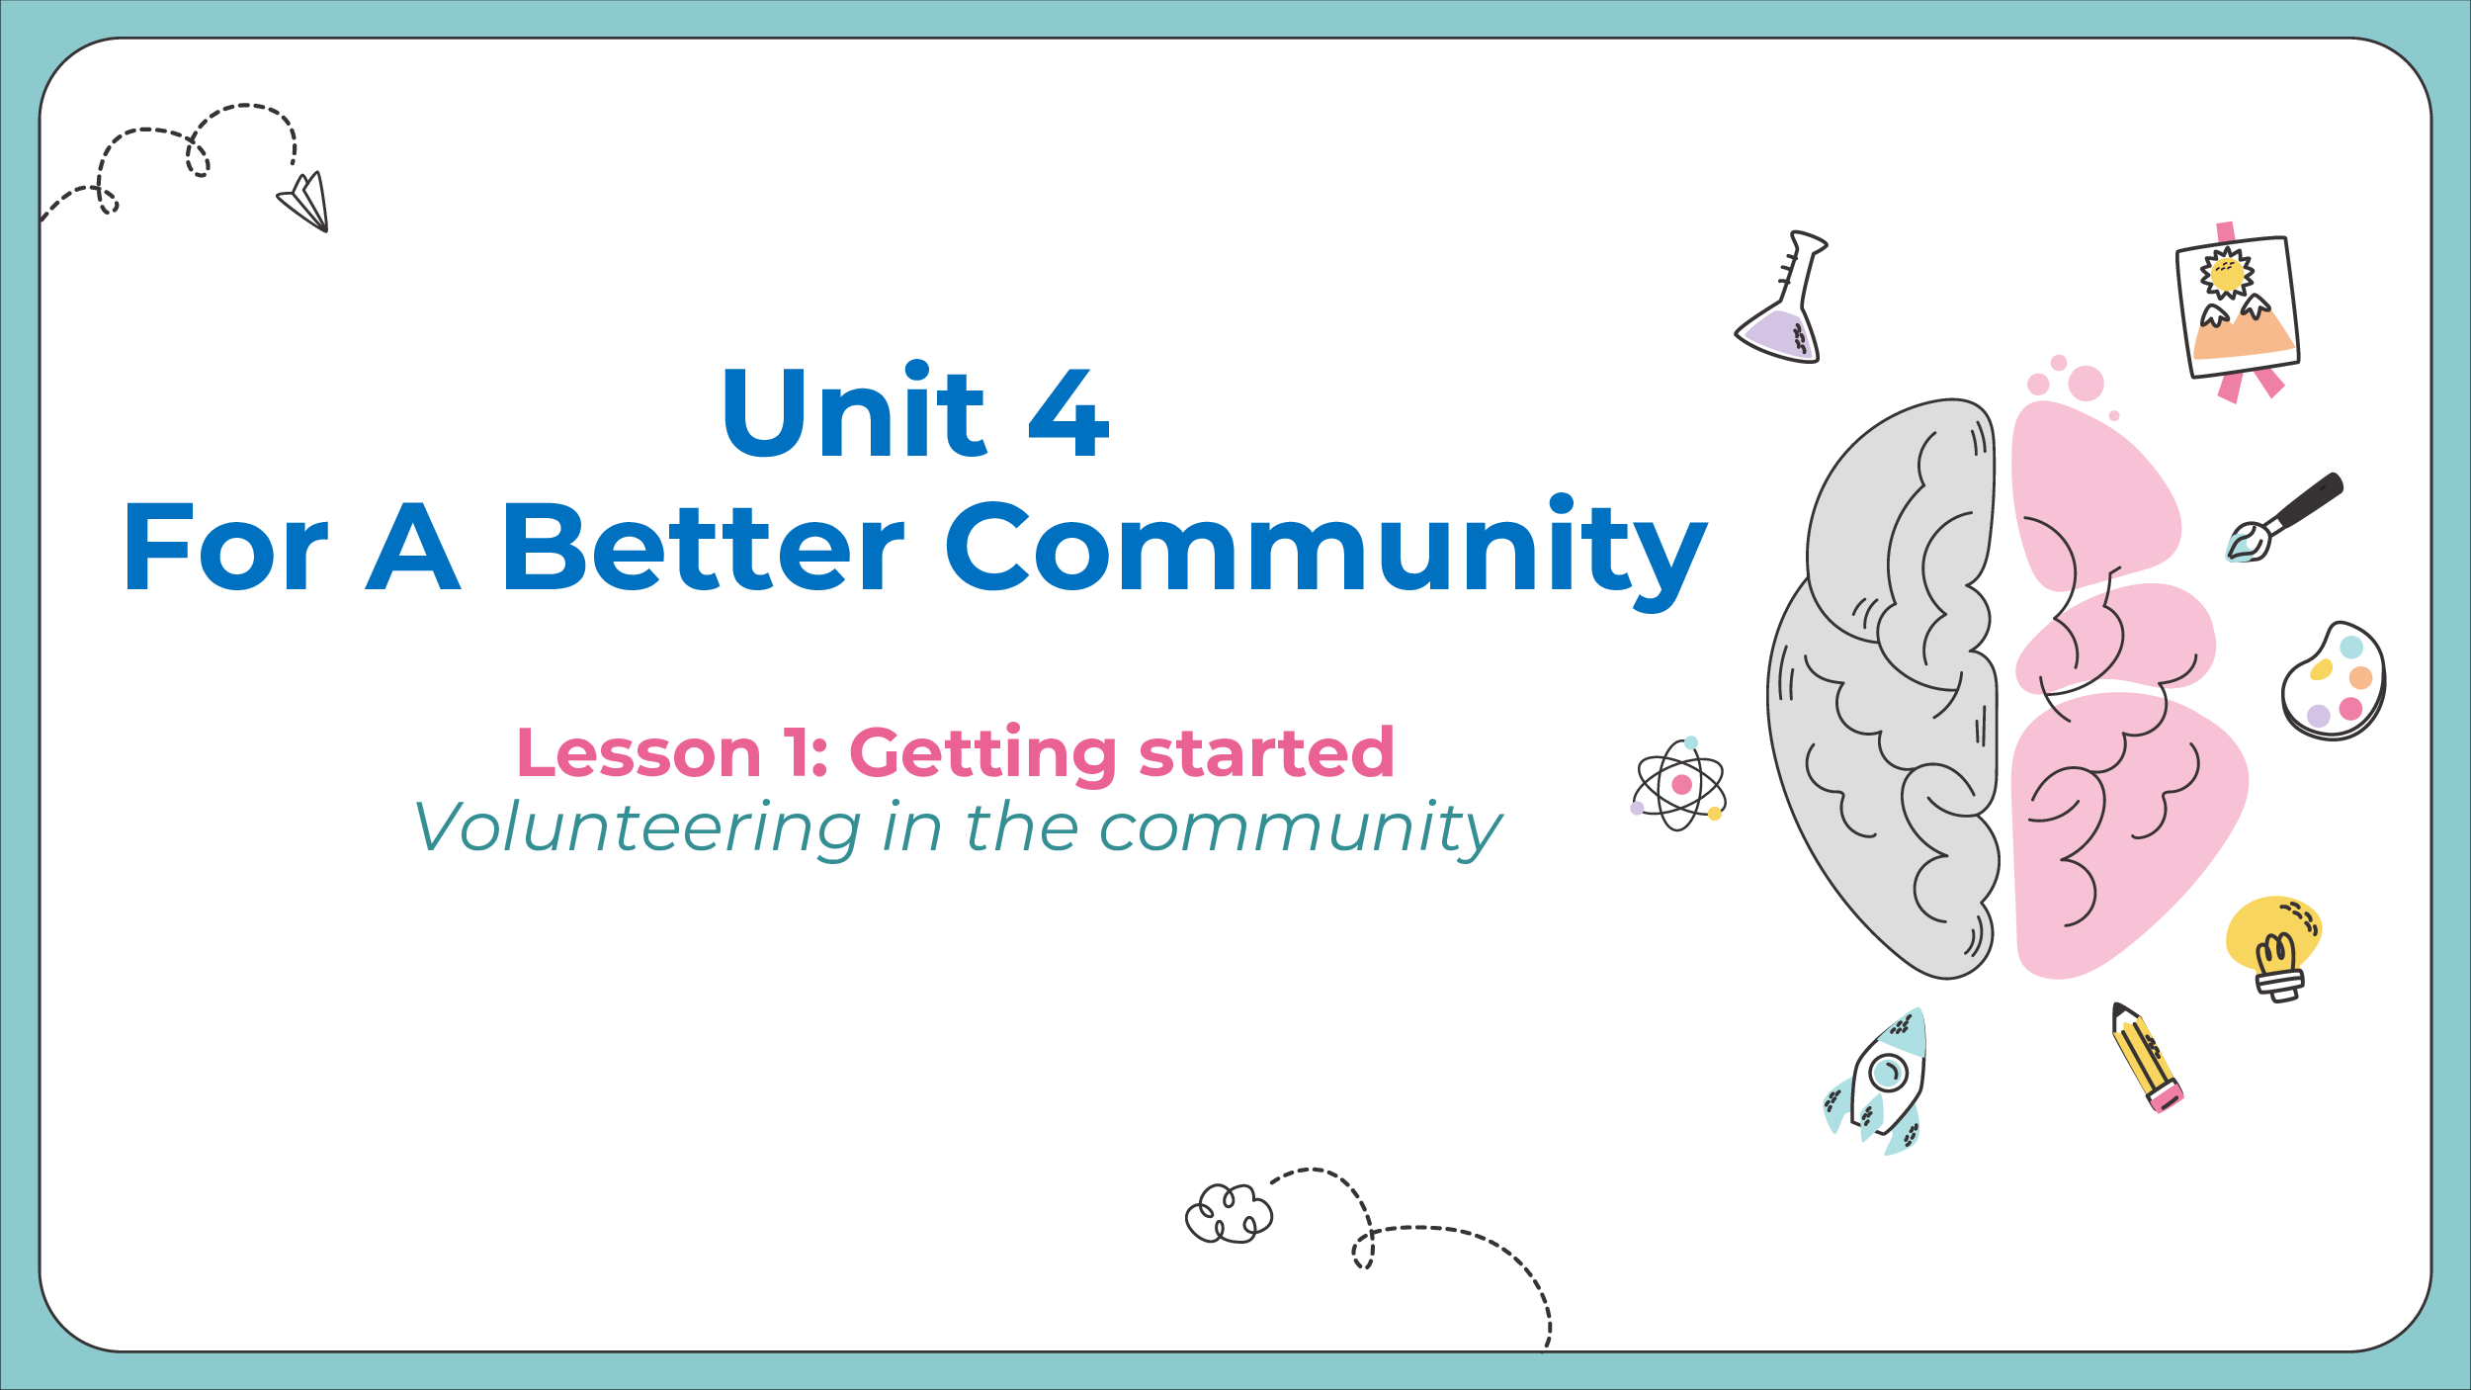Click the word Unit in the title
tap(855, 410)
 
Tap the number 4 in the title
tap(1069, 412)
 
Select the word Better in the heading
tap(704, 547)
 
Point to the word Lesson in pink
tap(639, 753)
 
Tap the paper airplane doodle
tap(303, 201)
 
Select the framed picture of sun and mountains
tap(2238, 310)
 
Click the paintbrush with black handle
tap(2283, 518)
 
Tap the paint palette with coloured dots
tap(2334, 681)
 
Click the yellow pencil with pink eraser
tap(2148, 1057)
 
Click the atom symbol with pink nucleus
tap(1679, 785)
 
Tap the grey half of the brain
tap(1883, 692)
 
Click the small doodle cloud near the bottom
tap(1229, 1213)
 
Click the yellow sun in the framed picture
tap(2227, 274)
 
